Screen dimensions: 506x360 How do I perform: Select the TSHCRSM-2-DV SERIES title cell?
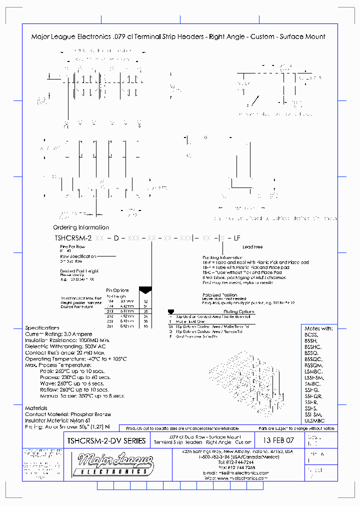point(106,441)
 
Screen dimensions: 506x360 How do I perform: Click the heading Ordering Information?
point(81,227)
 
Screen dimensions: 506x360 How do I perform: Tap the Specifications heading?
point(42,328)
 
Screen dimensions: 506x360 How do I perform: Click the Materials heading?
point(36,408)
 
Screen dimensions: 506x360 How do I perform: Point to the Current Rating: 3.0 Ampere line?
point(57,334)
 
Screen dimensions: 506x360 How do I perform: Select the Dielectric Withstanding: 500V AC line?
point(65,346)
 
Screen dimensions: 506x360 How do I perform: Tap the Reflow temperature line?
point(74,389)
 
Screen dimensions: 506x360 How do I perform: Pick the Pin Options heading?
point(117,290)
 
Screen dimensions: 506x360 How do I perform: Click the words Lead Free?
point(252,247)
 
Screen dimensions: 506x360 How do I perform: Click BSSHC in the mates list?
point(314,347)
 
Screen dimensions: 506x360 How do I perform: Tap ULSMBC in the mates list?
point(315,421)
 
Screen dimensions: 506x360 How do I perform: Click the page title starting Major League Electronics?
point(178,36)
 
